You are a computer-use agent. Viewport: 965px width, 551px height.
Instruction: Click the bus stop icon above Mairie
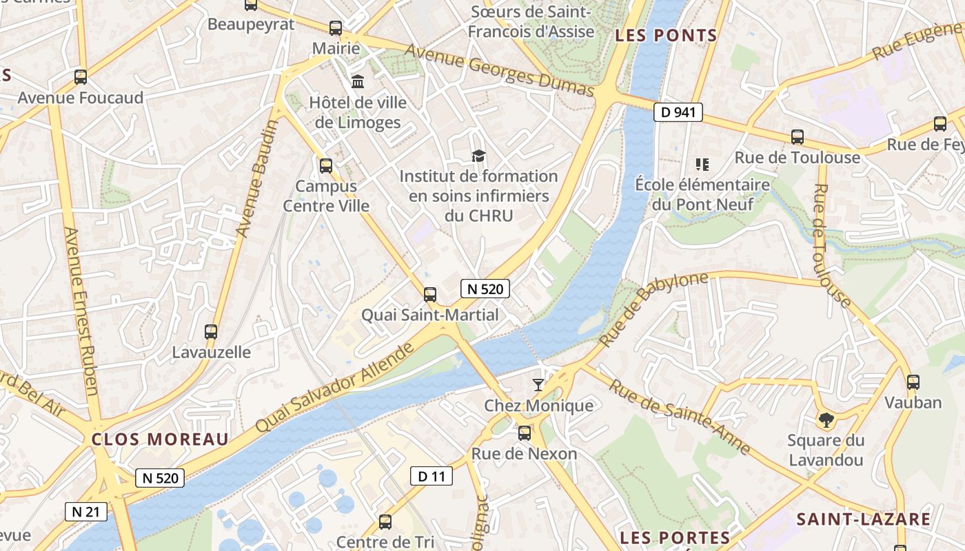336,28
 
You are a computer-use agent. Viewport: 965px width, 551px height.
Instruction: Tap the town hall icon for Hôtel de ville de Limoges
358,82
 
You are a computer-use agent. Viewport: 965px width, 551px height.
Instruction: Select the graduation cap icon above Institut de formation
478,156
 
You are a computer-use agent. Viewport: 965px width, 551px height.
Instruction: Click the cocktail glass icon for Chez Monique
538,384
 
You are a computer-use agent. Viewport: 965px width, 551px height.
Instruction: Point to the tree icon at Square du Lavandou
825,419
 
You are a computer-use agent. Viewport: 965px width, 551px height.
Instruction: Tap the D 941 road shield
678,112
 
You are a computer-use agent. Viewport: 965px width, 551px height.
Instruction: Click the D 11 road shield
431,475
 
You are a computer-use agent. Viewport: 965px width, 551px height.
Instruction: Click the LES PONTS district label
666,36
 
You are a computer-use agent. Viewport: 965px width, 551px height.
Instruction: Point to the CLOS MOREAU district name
160,439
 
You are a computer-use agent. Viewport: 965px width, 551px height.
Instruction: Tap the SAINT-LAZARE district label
864,519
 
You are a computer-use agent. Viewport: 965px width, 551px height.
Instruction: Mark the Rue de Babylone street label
653,309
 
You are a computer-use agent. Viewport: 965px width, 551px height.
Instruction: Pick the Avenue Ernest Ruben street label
81,311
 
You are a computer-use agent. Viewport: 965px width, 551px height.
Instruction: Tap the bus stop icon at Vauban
913,382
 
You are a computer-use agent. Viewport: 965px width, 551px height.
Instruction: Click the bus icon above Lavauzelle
211,331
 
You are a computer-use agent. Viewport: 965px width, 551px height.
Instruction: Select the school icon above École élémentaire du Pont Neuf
702,164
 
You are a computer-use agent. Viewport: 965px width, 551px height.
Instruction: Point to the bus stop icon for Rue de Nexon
525,433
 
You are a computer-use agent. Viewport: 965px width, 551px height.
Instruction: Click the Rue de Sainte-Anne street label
679,417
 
